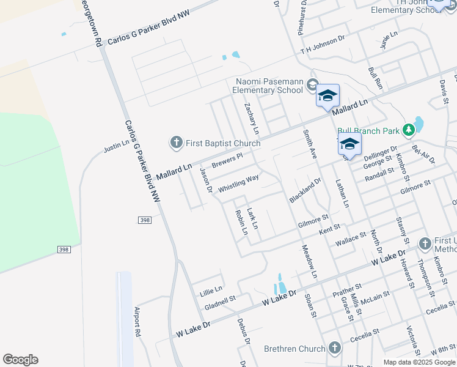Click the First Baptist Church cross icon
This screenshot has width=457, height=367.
tap(177, 143)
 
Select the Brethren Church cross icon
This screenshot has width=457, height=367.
tap(334, 349)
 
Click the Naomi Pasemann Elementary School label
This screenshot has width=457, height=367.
tap(269, 86)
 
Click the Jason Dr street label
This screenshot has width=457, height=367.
tap(205, 181)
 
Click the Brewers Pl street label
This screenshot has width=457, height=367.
tap(227, 161)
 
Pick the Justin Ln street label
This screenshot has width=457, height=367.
tap(116, 146)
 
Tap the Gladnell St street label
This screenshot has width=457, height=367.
tap(221, 302)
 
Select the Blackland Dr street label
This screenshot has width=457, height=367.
tap(305, 191)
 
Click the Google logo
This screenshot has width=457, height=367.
tap(20, 360)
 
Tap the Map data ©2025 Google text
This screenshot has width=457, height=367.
tap(419, 362)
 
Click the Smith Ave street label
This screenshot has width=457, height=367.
tap(310, 144)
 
